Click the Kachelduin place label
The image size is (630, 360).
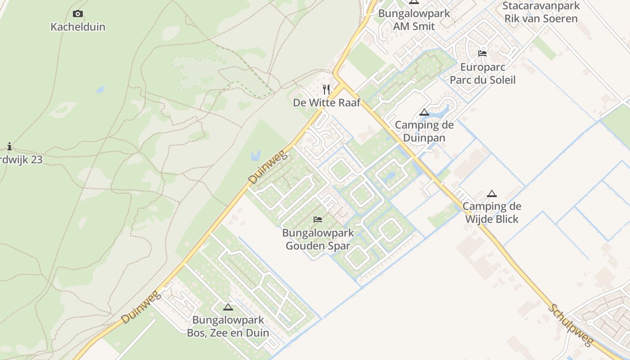point(78,27)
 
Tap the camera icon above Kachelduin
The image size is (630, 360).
point(78,14)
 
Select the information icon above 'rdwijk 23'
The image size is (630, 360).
point(9,146)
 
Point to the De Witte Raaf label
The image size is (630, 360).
point(327,103)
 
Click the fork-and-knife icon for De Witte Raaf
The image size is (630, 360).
point(326,90)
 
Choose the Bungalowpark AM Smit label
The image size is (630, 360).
point(414,20)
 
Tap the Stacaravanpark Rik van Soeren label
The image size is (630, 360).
point(541,13)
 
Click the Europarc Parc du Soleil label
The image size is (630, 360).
point(482,74)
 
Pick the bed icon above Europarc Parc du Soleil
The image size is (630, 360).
point(482,54)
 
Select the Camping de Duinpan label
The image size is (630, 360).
point(424,131)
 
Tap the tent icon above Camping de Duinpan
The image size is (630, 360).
point(424,112)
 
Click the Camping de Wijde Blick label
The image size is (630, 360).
point(491,213)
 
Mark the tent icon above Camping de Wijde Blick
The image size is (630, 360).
point(492,193)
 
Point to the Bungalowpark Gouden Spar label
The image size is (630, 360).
point(318,239)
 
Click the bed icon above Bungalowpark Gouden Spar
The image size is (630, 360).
point(318,220)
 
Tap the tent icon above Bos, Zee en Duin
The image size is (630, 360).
point(228,307)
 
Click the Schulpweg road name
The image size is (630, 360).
point(571,325)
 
